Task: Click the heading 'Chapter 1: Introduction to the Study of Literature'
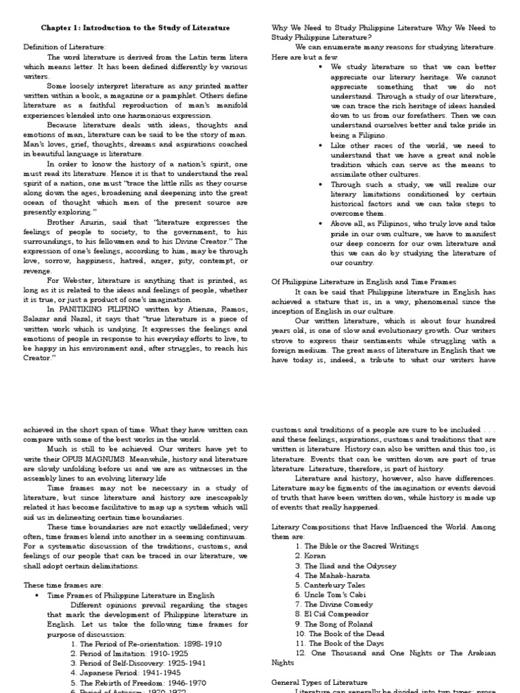[x=135, y=28]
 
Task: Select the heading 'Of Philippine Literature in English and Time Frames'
[x=364, y=282]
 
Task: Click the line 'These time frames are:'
[x=62, y=585]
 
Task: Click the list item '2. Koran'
[x=311, y=556]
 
